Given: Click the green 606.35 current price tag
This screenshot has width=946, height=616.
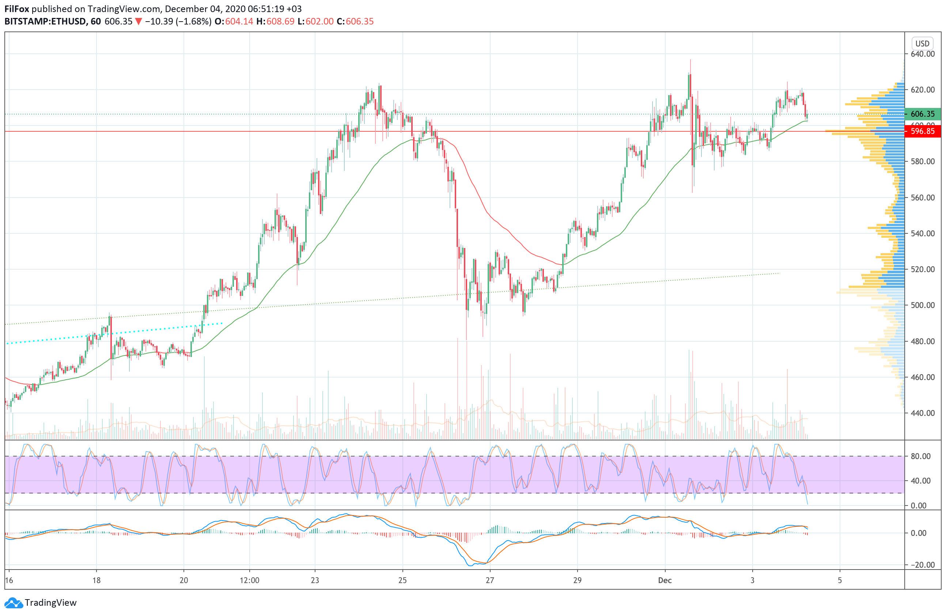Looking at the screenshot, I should pyautogui.click(x=922, y=114).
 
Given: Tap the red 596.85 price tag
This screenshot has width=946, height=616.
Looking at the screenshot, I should pyautogui.click(x=922, y=131).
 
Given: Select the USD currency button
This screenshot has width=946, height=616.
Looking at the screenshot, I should pyautogui.click(x=922, y=43).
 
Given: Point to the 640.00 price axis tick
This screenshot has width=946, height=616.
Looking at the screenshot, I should pyautogui.click(x=923, y=54).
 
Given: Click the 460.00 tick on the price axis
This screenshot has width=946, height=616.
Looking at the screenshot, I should pyautogui.click(x=923, y=377).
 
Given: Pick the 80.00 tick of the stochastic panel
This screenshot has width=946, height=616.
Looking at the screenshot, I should pyautogui.click(x=920, y=456).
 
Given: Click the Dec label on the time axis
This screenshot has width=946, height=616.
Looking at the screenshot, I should pyautogui.click(x=665, y=580).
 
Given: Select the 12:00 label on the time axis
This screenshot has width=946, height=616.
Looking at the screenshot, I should pyautogui.click(x=249, y=580).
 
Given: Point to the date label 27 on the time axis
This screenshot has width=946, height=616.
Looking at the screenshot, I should pyautogui.click(x=490, y=580).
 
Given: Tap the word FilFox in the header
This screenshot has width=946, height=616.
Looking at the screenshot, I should pyautogui.click(x=17, y=9).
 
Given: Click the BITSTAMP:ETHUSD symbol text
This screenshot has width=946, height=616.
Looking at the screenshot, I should pyautogui.click(x=45, y=22).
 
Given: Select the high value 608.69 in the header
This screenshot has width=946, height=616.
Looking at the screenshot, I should pyautogui.click(x=280, y=22).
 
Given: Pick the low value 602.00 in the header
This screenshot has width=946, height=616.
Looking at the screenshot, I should pyautogui.click(x=319, y=22).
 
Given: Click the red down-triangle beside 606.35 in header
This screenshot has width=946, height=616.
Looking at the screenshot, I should pyautogui.click(x=138, y=22).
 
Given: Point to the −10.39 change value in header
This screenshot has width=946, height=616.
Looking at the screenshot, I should pyautogui.click(x=159, y=22).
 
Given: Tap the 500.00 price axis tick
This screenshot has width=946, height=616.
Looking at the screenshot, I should pyautogui.click(x=923, y=305).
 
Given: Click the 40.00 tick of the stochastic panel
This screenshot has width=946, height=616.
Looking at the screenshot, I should pyautogui.click(x=920, y=481).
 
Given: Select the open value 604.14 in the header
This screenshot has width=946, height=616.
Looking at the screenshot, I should pyautogui.click(x=239, y=22).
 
